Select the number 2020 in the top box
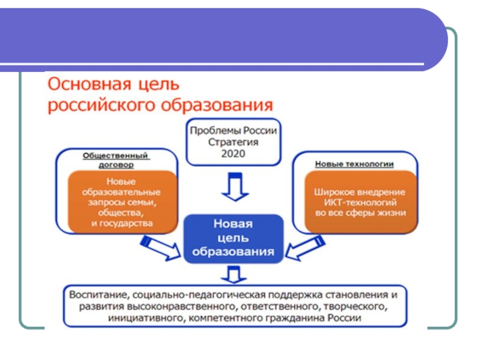[x=233, y=153]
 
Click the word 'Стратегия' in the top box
[x=233, y=142]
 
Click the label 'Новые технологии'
[x=354, y=163]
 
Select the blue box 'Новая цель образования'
[x=233, y=238]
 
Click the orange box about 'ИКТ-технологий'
[x=360, y=202]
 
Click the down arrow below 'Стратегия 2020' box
[x=233, y=187]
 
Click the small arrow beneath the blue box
[x=233, y=275]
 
